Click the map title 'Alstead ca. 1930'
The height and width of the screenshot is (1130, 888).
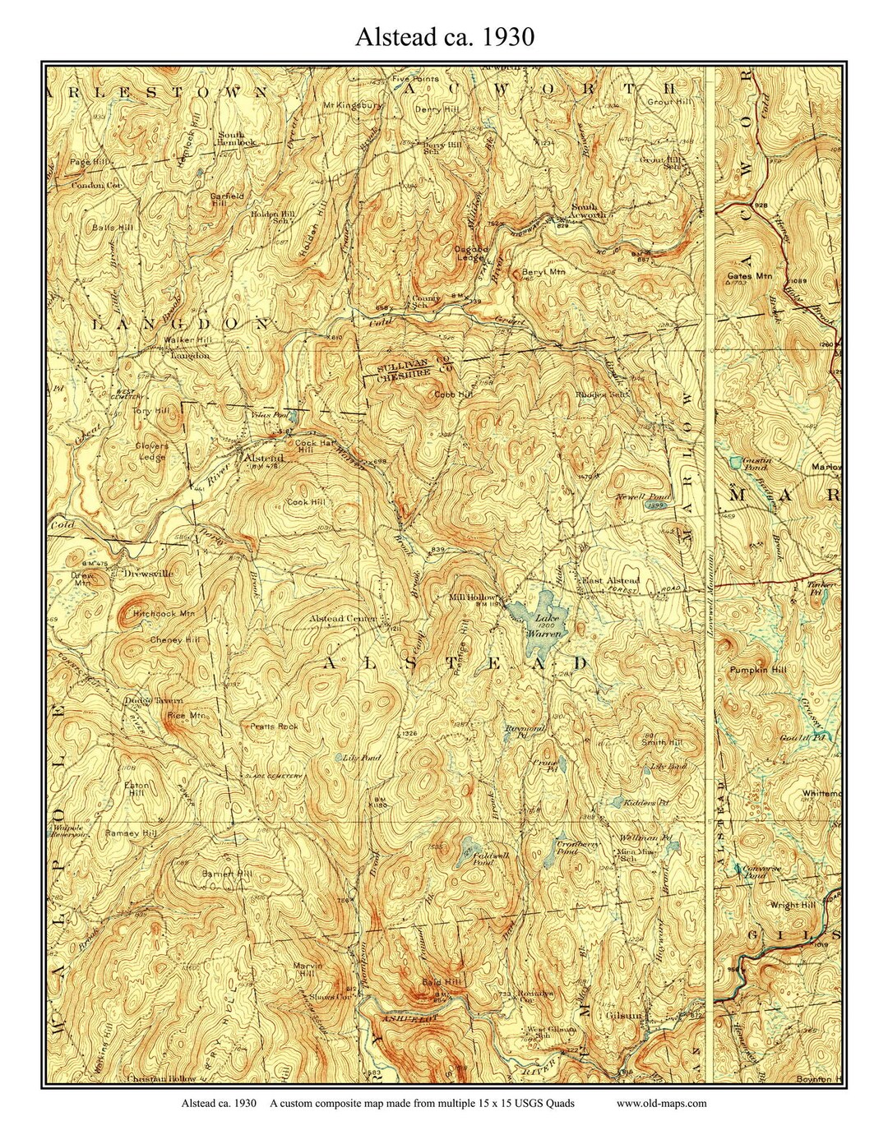(x=445, y=37)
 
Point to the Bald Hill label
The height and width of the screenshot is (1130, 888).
(x=442, y=982)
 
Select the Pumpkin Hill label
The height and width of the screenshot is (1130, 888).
(x=757, y=671)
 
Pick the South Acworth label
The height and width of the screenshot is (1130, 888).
(x=588, y=210)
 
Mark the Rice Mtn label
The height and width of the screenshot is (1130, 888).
(x=186, y=716)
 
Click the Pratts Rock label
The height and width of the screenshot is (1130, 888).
(x=274, y=726)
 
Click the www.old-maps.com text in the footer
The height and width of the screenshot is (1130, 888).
(x=661, y=1104)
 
